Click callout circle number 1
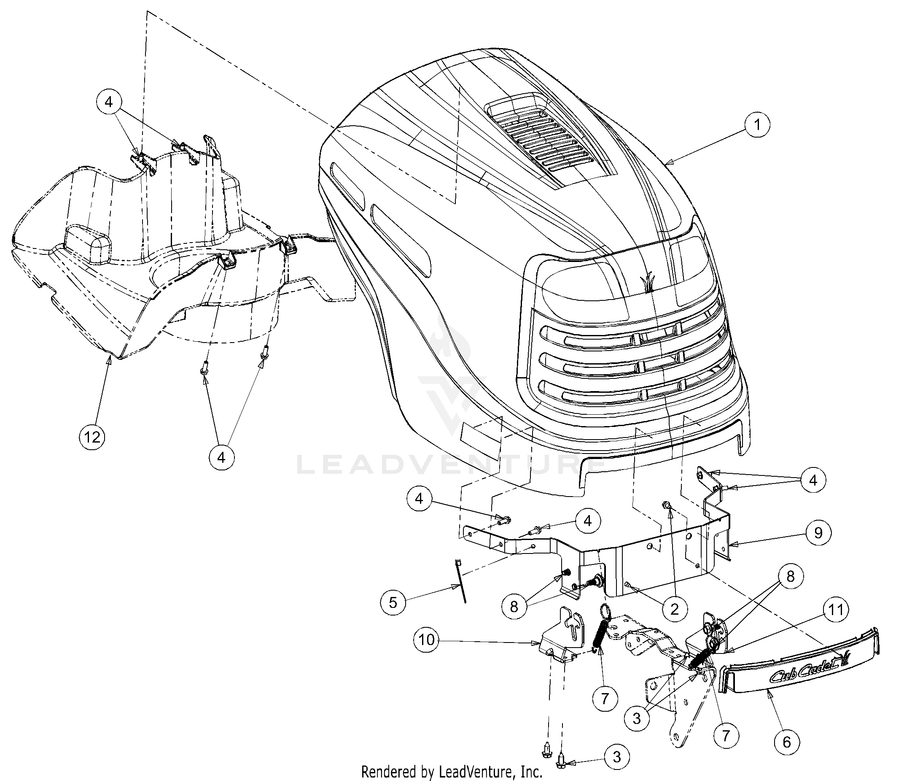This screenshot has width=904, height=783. coord(757,125)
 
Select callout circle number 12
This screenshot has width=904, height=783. coord(92,437)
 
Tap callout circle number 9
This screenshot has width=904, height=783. coord(818,533)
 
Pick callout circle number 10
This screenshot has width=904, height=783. coord(427,640)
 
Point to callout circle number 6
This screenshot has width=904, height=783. coord(787,742)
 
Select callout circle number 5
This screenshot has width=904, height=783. coord(393,602)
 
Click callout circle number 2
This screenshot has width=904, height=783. coord(674,609)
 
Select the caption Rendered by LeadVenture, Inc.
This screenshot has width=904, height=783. coord(452,772)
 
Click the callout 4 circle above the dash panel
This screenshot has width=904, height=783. coord(109,102)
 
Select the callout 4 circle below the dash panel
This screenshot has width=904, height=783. coord(221,457)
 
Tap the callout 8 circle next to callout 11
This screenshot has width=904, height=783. coord(791,577)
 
